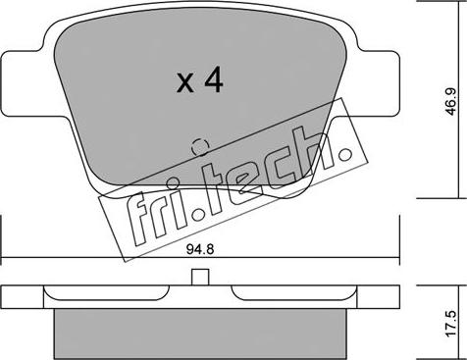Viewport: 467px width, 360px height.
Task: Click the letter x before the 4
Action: tap(184, 85)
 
